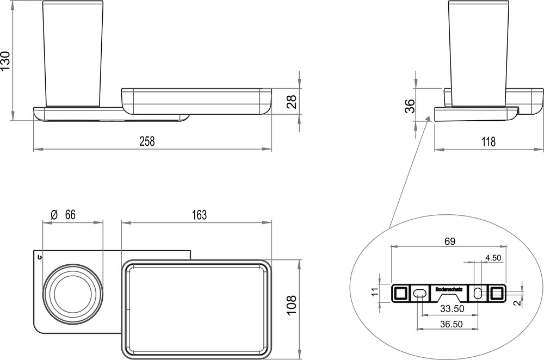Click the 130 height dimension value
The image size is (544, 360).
point(6,61)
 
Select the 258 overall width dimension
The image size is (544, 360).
point(147,141)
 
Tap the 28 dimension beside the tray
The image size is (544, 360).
point(292,102)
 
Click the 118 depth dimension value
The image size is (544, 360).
point(488,142)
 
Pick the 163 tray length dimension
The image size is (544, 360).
point(199,215)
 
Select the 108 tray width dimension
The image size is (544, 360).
point(292,306)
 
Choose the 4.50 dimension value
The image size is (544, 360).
point(493,258)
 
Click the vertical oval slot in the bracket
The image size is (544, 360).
point(478,293)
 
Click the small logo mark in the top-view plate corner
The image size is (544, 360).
point(39,256)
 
